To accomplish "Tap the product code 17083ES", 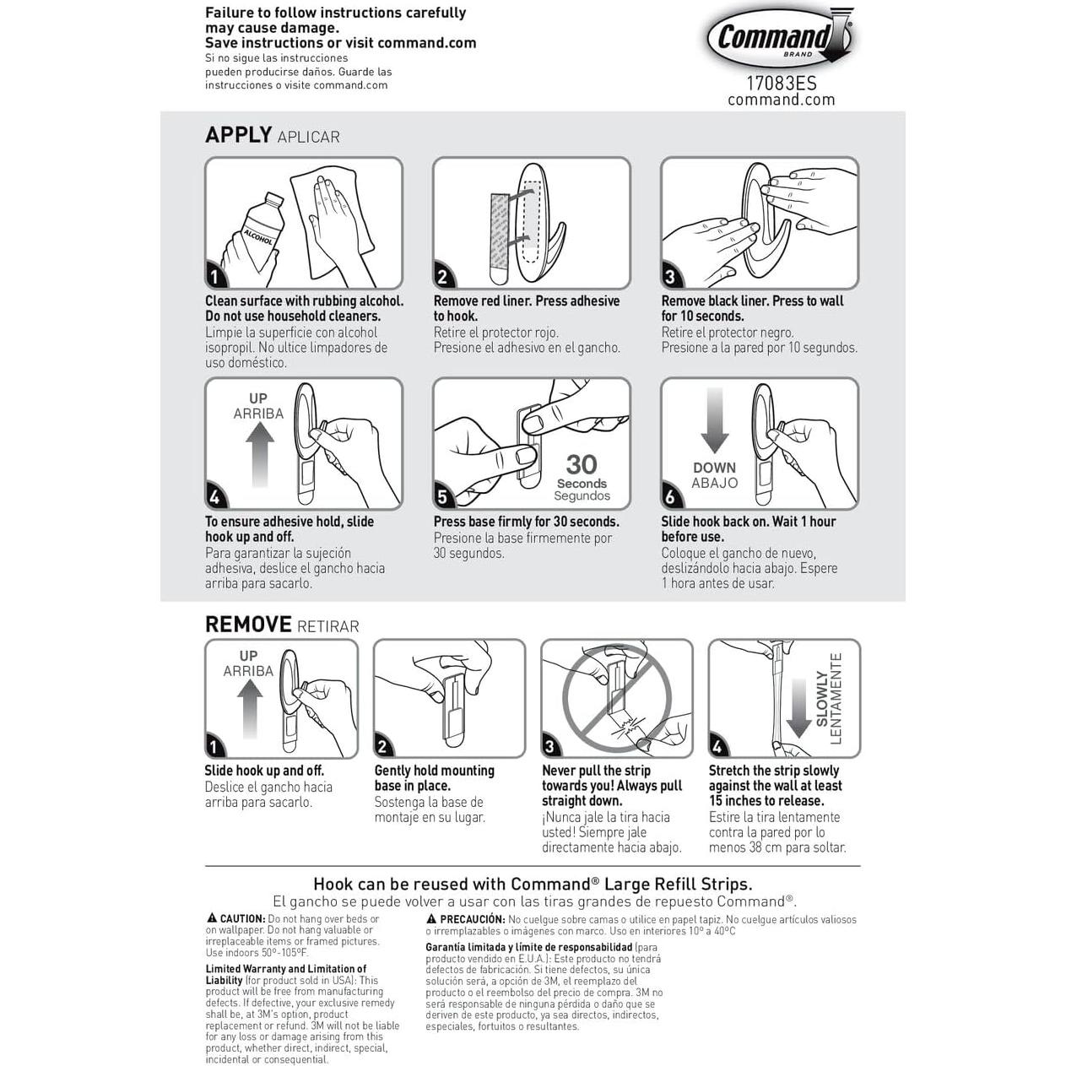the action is click(781, 84).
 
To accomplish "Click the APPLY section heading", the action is click(238, 135).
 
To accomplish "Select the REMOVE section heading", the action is click(248, 625).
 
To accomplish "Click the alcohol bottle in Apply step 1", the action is click(253, 230).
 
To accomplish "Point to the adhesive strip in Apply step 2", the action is click(497, 238).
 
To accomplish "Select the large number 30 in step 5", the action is click(581, 464).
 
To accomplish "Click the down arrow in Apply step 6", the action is click(715, 419).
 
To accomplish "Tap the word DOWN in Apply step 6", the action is click(714, 468).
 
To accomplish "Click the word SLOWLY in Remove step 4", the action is click(822, 700).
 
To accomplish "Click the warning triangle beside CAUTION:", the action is click(211, 918).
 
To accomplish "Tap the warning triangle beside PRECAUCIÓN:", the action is click(430, 919).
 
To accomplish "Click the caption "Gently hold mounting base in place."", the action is click(434, 778).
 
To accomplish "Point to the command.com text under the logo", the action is click(781, 100).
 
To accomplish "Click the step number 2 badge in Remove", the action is click(383, 746).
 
